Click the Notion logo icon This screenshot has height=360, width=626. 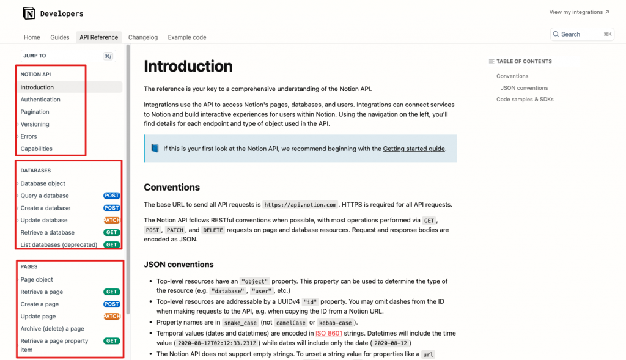(29, 13)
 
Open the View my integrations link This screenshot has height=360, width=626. (579, 12)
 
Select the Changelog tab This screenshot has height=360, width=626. (143, 37)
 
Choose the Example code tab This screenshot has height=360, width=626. (187, 37)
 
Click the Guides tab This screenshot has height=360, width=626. (60, 37)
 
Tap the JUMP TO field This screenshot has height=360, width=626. (67, 56)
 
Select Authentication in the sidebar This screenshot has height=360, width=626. (40, 100)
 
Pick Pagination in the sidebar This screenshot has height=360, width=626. (35, 112)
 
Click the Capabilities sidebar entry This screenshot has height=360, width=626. (37, 149)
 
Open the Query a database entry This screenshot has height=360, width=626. (45, 196)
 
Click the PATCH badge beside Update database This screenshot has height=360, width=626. (112, 220)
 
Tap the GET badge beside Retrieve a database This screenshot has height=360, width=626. (111, 232)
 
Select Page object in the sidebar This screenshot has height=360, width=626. (37, 279)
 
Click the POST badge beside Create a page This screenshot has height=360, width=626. (111, 304)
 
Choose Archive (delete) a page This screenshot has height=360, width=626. (53, 329)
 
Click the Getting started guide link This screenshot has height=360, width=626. (414, 149)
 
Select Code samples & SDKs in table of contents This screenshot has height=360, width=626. (525, 99)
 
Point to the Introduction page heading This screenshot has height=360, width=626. (188, 66)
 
